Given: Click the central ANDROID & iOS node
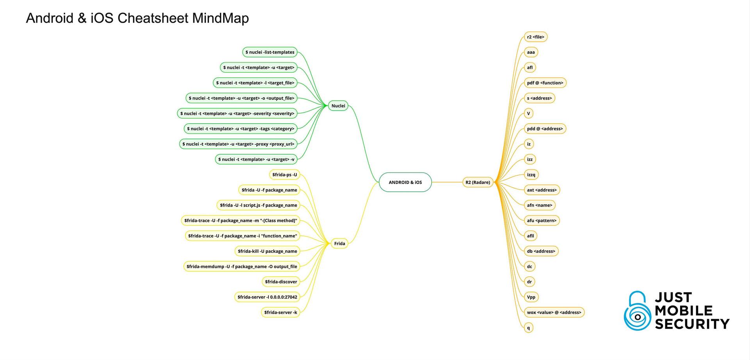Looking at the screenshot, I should [x=405, y=182].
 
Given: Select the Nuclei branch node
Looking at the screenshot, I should [x=338, y=106].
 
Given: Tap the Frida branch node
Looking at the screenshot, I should [x=339, y=244].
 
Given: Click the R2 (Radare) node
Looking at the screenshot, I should [x=477, y=182].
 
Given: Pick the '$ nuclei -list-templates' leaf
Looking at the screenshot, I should [x=270, y=52].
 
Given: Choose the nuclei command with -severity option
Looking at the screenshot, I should [x=237, y=114].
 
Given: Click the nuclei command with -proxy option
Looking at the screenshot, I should [x=238, y=144].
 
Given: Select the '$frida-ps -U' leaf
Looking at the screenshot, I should [x=284, y=175].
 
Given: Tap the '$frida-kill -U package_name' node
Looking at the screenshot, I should [x=267, y=251].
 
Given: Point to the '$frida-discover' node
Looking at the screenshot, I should [x=281, y=282].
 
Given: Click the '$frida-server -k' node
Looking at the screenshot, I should [x=280, y=312].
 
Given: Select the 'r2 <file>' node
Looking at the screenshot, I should [x=535, y=37].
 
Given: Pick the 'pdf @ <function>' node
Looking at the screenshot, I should [x=545, y=83].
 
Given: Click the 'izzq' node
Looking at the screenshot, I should [x=531, y=175].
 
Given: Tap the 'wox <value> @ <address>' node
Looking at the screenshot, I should [x=554, y=312].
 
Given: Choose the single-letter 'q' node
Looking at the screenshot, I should [x=529, y=328].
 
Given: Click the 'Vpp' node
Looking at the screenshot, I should [x=531, y=297].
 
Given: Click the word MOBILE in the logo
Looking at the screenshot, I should [x=684, y=311].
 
